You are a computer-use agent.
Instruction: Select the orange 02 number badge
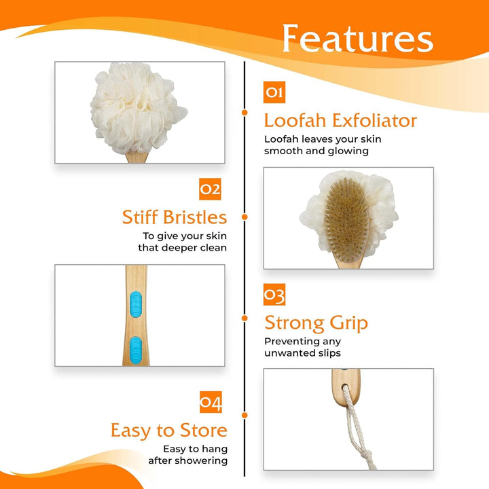[210, 189]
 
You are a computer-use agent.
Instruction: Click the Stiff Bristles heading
[175, 217]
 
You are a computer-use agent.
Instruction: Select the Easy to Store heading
[169, 431]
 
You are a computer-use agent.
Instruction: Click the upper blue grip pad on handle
[134, 297]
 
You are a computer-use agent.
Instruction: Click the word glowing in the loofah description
[348, 151]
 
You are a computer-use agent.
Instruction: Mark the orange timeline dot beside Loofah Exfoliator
[244, 113]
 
